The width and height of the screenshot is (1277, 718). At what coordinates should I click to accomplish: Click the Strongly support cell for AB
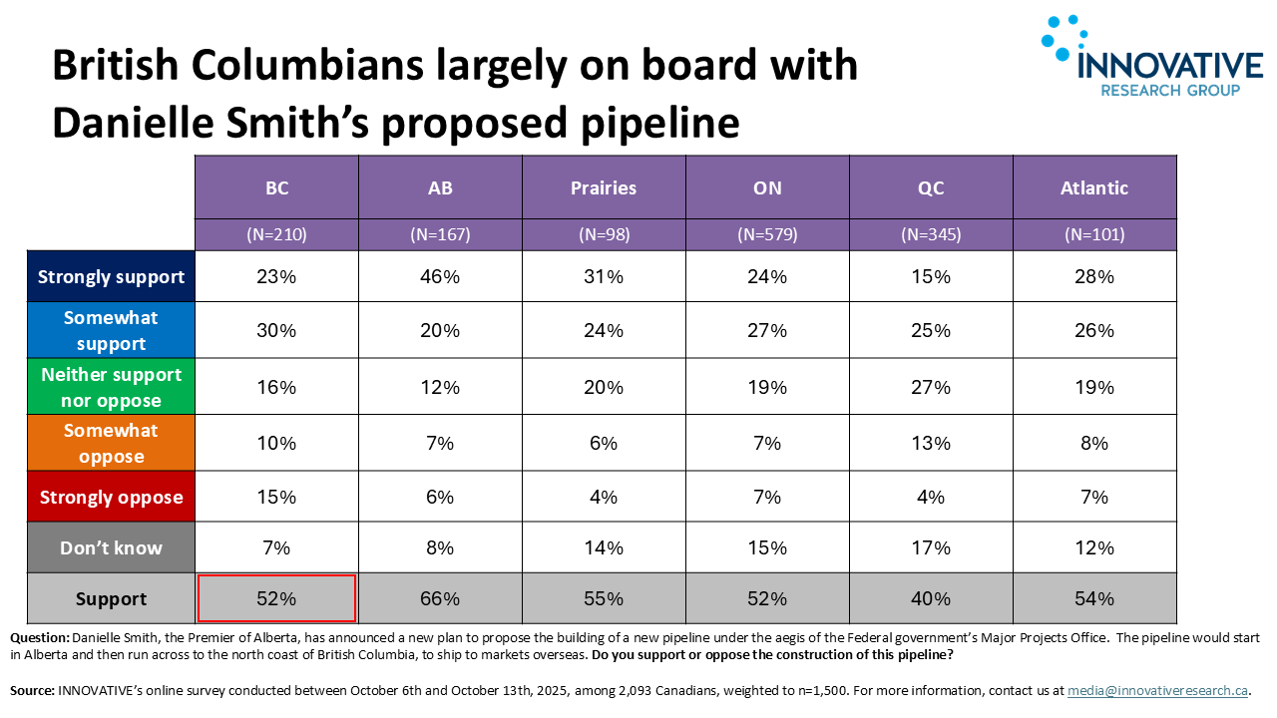pyautogui.click(x=440, y=277)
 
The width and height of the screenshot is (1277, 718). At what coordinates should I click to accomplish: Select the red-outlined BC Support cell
pyautogui.click(x=276, y=598)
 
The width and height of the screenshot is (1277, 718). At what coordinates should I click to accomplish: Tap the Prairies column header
pyautogui.click(x=604, y=187)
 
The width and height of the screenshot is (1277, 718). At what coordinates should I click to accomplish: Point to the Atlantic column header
pyautogui.click(x=1094, y=187)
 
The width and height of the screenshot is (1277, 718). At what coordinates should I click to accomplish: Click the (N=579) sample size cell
pyautogui.click(x=767, y=235)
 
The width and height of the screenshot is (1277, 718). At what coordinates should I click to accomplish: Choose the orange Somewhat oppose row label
pyautogui.click(x=111, y=444)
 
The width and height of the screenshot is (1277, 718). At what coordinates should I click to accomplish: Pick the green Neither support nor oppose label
pyautogui.click(x=111, y=388)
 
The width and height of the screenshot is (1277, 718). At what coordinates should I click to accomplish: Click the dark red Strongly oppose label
pyautogui.click(x=111, y=498)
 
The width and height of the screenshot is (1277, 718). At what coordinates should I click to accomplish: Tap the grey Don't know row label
pyautogui.click(x=111, y=547)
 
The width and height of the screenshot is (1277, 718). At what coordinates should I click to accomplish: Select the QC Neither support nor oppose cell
pyautogui.click(x=931, y=388)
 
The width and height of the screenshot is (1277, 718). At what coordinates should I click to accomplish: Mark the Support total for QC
pyautogui.click(x=931, y=598)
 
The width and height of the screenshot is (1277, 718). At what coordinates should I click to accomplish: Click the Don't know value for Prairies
pyautogui.click(x=604, y=547)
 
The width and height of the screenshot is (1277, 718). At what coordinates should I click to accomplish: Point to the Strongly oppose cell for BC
pyautogui.click(x=276, y=498)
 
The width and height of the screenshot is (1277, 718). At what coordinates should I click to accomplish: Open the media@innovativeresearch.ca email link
pyautogui.click(x=1157, y=690)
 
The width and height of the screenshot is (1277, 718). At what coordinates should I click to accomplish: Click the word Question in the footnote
pyautogui.click(x=40, y=637)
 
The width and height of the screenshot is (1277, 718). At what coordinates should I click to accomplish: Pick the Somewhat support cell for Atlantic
pyautogui.click(x=1094, y=331)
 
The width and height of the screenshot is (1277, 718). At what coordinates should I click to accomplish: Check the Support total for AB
pyautogui.click(x=440, y=598)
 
